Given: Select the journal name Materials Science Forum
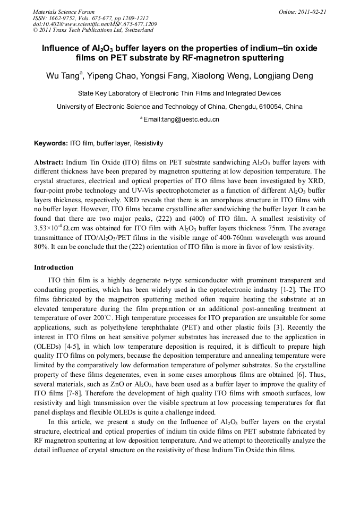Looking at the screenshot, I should click(64, 12).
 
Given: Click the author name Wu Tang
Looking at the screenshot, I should click(63, 76).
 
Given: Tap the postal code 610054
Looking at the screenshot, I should click(258, 106).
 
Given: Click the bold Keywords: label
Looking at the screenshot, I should click(51, 143).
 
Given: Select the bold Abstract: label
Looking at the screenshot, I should click(49, 162).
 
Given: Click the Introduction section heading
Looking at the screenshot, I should click(54, 267).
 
